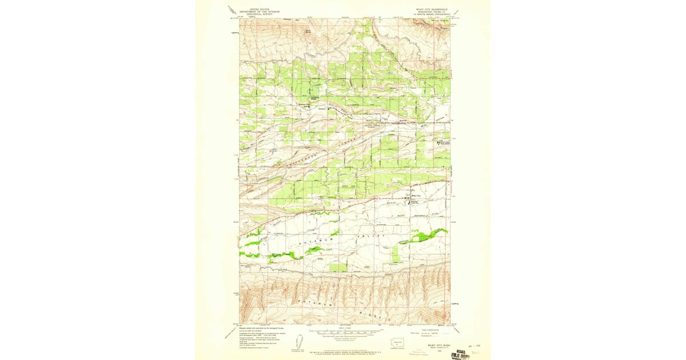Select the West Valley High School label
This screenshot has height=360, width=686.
443,143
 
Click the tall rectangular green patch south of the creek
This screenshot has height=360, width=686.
339,267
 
